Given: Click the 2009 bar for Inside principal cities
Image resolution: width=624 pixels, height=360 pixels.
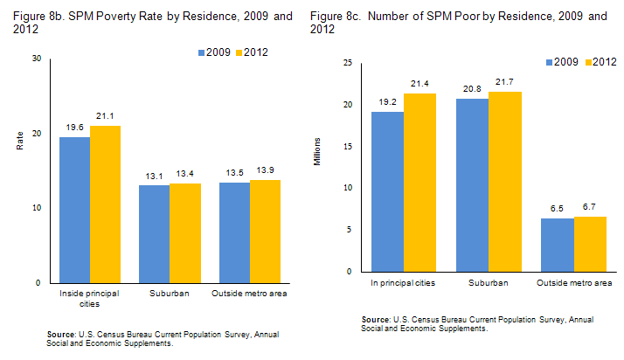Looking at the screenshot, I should pyautogui.click(x=74, y=210).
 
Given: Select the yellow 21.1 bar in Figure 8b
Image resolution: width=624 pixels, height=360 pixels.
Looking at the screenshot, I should pyautogui.click(x=105, y=204).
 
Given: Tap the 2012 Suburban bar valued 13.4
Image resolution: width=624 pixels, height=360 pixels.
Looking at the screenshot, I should pyautogui.click(x=184, y=233).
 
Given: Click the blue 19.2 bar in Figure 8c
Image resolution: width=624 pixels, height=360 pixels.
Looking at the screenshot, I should pyautogui.click(x=387, y=191).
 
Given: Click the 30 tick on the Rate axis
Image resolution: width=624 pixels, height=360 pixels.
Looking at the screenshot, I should pyautogui.click(x=36, y=59).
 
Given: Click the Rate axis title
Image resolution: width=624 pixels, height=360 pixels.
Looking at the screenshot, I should pyautogui.click(x=20, y=141).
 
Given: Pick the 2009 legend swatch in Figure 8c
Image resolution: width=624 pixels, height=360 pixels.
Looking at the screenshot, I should pyautogui.click(x=551, y=62).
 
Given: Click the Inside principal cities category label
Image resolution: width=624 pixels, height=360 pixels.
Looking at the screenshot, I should pyautogui.click(x=89, y=299).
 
